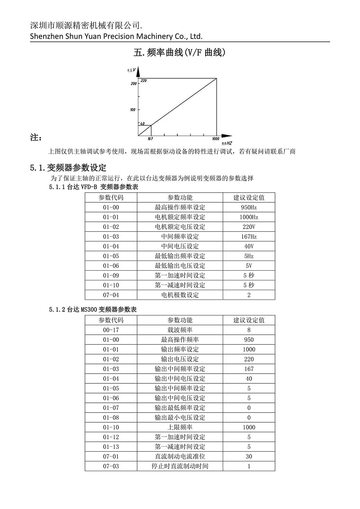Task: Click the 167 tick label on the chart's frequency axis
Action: click(x=150, y=139)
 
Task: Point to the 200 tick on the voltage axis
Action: click(x=134, y=84)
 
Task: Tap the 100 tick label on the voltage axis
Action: click(x=133, y=110)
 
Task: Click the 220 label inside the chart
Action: click(x=144, y=81)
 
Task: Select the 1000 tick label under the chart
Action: click(x=215, y=139)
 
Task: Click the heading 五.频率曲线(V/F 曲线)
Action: click(x=179, y=53)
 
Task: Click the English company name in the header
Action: click(x=116, y=36)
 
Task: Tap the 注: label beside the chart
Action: click(x=36, y=138)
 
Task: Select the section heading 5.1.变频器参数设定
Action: click(x=68, y=168)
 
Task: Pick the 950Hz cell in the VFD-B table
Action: click(x=249, y=207)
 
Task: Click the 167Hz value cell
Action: click(x=249, y=237)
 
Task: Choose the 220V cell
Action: click(x=249, y=227)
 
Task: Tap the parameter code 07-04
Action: click(x=111, y=295)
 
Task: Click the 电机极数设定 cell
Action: click(x=180, y=295)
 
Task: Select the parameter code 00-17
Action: click(x=111, y=330)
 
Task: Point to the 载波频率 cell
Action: click(x=180, y=330)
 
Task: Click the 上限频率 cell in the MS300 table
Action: click(x=180, y=427)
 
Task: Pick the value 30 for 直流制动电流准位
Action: click(x=249, y=456)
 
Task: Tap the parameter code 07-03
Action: click(x=111, y=466)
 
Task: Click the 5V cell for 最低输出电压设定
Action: click(x=249, y=266)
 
